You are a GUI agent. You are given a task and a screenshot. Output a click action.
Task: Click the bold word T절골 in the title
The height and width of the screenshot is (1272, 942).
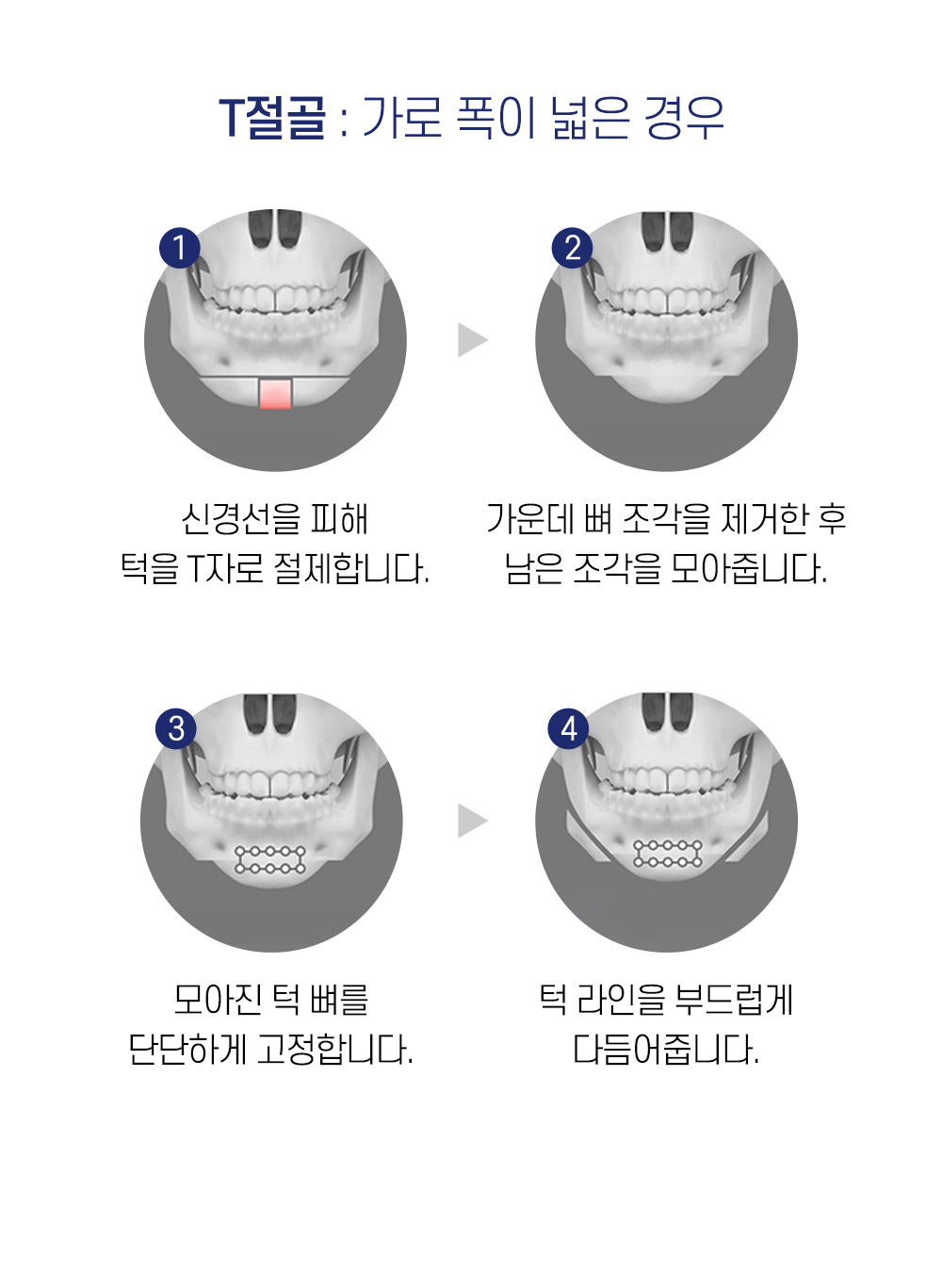coord(272,119)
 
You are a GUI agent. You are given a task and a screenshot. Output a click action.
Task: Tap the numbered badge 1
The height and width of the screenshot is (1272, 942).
coord(179,248)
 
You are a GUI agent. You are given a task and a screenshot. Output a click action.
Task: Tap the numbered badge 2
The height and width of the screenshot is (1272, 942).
coord(572,248)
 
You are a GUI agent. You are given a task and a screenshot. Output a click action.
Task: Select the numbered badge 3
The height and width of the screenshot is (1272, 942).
coord(176,728)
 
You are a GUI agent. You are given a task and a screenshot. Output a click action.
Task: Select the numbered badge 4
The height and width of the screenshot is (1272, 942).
coord(569,728)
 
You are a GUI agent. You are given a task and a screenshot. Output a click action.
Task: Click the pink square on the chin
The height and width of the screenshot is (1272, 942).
coord(275,393)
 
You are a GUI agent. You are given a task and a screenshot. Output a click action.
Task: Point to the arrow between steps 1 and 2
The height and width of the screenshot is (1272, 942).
coord(472,340)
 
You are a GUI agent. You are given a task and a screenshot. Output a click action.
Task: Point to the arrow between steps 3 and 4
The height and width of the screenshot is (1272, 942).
coord(472,821)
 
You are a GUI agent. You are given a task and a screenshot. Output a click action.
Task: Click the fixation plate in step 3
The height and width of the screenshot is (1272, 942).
coord(270,859)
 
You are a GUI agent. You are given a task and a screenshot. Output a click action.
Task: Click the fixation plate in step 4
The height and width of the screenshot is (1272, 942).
coord(668,854)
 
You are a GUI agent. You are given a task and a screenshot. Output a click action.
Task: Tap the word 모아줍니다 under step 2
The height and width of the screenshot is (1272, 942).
coord(749,568)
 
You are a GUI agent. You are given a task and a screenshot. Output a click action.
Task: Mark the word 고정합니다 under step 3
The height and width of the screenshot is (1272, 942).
coord(334,1049)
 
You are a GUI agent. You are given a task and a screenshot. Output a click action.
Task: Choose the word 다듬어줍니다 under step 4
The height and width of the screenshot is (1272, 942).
coord(666,1049)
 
